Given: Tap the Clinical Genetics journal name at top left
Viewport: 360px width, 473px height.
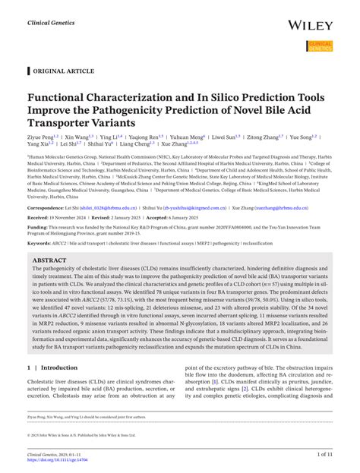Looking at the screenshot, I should click(51, 23).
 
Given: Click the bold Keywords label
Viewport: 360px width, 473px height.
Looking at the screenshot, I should click(40, 243).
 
